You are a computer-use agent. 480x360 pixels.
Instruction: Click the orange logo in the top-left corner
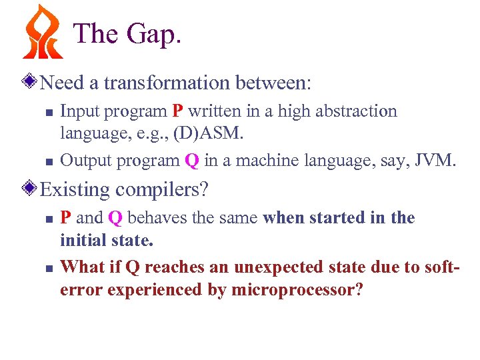pos(43,32)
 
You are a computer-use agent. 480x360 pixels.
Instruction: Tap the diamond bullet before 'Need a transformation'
pos(29,83)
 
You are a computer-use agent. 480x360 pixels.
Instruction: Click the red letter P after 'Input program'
pos(177,111)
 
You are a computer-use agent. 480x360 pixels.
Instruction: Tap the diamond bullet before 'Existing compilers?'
pos(29,189)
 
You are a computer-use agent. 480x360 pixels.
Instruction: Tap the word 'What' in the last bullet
pos(80,267)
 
